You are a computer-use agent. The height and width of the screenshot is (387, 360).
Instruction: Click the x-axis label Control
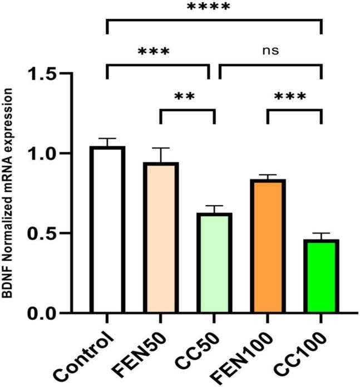click(93, 350)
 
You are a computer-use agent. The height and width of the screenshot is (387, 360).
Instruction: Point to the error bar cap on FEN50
click(160, 148)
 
